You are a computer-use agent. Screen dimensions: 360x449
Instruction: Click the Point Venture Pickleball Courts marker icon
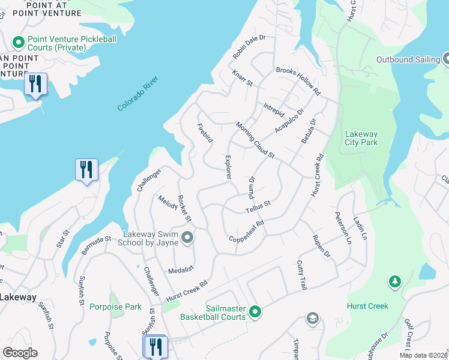pos(18,43)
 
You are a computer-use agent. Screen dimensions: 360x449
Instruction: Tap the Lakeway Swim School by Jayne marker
pos(187,238)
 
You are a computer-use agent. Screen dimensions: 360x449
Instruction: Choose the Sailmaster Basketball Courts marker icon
pos(255,311)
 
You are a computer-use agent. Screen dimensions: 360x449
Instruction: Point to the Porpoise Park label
pos(116,307)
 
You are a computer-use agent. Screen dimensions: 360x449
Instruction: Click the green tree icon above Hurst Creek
pos(394,281)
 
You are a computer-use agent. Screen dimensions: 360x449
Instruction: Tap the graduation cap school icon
pos(312,318)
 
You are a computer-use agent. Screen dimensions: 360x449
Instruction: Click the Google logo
pos(20,353)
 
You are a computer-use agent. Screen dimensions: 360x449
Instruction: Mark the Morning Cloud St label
pos(255,141)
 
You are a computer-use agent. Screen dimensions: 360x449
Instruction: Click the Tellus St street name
pos(259,207)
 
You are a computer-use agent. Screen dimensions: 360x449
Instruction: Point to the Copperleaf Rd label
pos(247,232)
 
